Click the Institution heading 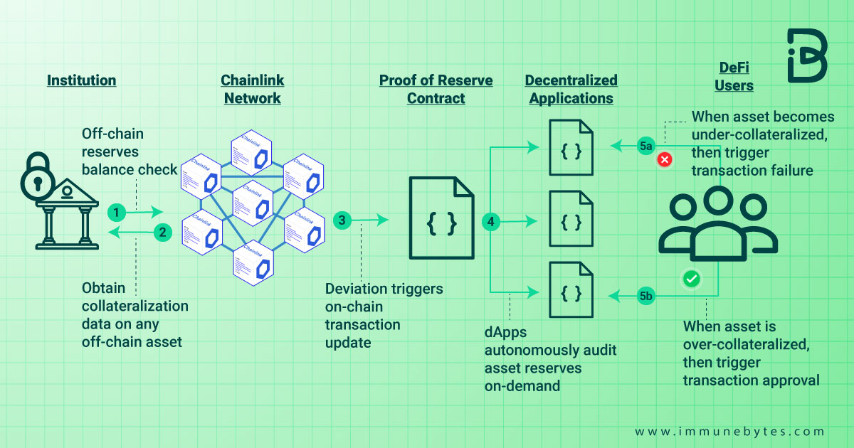point(81,80)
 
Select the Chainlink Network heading point(253,89)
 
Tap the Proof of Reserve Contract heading point(436,89)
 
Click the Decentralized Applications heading point(571,89)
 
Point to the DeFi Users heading point(734,77)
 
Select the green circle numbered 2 point(162,232)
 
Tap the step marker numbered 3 point(342,220)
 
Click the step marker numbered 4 point(491,222)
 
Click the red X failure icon point(665,160)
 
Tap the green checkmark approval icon point(690,279)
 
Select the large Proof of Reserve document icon point(441,218)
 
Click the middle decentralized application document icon point(571,218)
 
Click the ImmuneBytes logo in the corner point(806,56)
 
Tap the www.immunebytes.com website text point(729,432)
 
